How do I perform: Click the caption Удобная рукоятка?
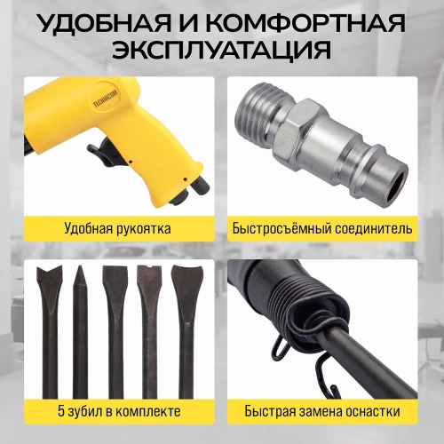point(117,228)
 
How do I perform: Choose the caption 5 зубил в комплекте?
point(117,411)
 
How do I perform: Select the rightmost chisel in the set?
point(186,329)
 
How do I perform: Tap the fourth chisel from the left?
point(152,329)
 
